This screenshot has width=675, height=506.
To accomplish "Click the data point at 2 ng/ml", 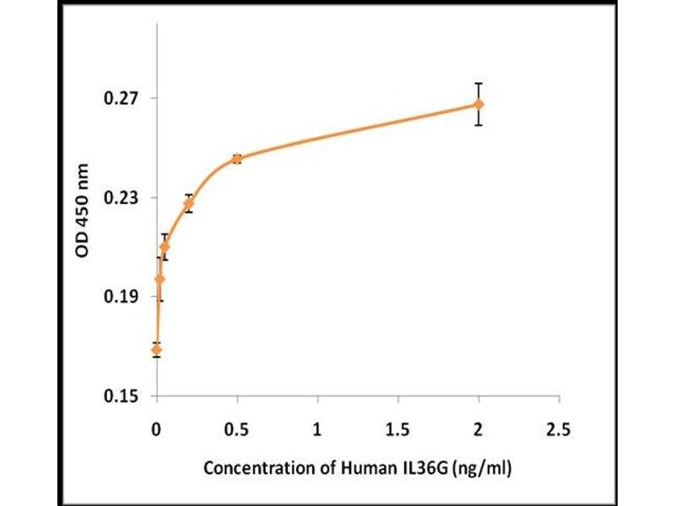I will coord(478,104).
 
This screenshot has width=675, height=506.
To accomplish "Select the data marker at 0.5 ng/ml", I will coord(237,158).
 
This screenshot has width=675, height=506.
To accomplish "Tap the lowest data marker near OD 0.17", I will coord(156,349).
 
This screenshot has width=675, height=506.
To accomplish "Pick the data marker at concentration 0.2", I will coord(188,203).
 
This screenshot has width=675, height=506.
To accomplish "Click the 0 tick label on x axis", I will coord(156,429).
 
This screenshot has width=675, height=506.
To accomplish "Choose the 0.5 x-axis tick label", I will coord(237,429).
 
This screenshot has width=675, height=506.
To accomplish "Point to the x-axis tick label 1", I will coord(317,429).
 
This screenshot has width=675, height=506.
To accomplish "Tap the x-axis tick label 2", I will coord(478,429).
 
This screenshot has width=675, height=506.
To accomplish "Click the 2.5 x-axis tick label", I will coord(559,429).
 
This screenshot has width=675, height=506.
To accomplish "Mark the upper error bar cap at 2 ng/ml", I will coord(478,83).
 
